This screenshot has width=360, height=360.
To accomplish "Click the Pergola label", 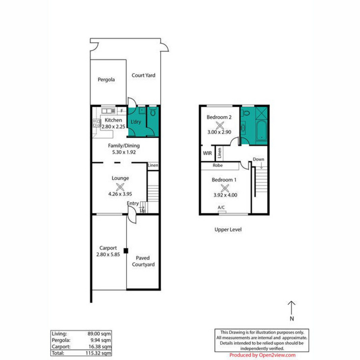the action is pos(106,80).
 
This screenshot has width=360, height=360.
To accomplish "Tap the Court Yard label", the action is pos(143,75).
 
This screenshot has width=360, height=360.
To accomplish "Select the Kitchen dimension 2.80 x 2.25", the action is pos(113,127).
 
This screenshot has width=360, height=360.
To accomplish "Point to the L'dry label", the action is pos(136,122).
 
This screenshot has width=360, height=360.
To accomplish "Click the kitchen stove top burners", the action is pos(96,123).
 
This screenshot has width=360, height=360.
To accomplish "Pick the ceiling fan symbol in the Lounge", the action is pos(120,187).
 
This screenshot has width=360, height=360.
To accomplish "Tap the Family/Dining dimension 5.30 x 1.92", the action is pos(124,152).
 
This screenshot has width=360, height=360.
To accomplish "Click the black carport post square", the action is pos(126,251).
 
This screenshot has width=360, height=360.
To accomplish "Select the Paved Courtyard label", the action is pos(143,261).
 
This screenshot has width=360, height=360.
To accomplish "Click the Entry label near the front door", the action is pos(133,203).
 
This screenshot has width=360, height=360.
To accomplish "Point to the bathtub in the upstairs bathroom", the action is pos(261,130).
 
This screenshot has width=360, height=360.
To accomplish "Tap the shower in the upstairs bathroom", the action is pos(261,113).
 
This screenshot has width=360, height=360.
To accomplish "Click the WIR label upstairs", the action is pos(207,153).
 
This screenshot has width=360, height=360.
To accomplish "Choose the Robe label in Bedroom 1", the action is pos(217,165).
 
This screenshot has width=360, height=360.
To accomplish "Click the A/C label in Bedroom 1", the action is pos(221,207).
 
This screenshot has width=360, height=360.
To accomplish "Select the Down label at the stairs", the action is pos(258,159).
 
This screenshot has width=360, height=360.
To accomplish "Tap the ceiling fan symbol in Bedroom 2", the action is pos(220,125).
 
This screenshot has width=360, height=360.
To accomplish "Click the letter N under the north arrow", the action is pos(292,319).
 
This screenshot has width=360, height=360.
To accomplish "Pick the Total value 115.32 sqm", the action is pos(98,353).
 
